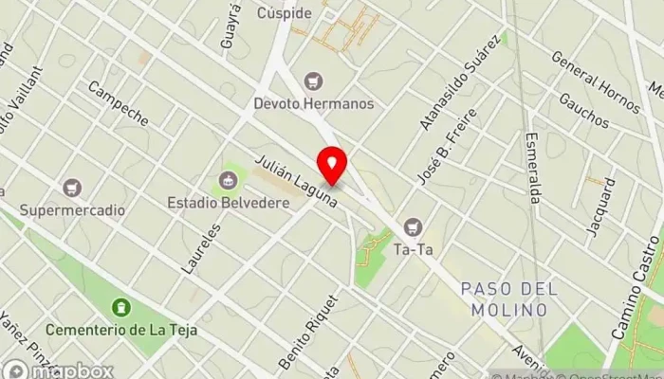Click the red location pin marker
coord(331,167)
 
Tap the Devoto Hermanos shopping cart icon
coord(313,81)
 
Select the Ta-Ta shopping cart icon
coord(412,226)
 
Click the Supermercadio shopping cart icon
coord(71,187)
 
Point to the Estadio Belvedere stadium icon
coord(228,180)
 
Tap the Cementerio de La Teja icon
coord(120,308)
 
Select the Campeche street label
coord(118,103)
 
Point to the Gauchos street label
coord(583,110)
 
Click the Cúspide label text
coord(284,12)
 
